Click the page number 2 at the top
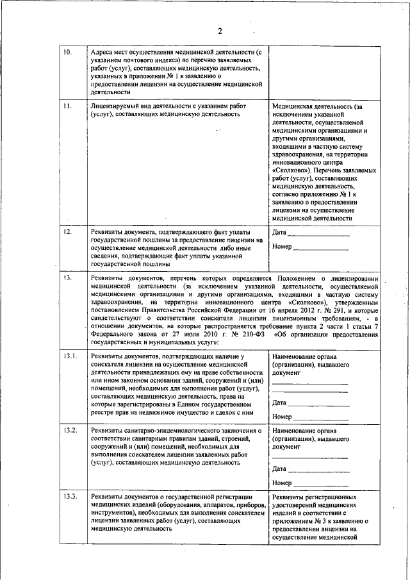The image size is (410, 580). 219,31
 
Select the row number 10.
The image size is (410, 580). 67,52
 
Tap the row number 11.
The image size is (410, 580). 67,106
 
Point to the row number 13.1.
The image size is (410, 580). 70,356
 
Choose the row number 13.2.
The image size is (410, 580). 70,430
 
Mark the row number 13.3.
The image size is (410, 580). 70,497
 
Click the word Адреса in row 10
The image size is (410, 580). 104,52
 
